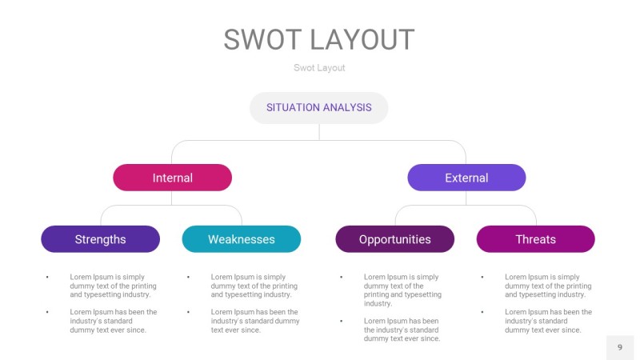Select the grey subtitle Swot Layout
(x=319, y=68)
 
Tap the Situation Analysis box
(x=318, y=107)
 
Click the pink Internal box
(x=172, y=178)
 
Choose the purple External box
(x=466, y=178)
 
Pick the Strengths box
(x=100, y=239)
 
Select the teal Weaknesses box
(x=241, y=239)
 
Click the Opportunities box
(x=394, y=239)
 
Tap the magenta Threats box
(x=535, y=239)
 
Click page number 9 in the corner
(x=619, y=347)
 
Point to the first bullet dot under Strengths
(x=47, y=277)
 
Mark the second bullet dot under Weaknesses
(x=189, y=312)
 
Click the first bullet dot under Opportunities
(x=342, y=277)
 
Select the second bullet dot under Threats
(x=482, y=312)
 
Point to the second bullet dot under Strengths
(x=47, y=312)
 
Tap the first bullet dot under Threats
(x=482, y=277)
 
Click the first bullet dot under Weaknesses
(x=189, y=277)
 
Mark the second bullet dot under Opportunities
(x=342, y=321)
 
